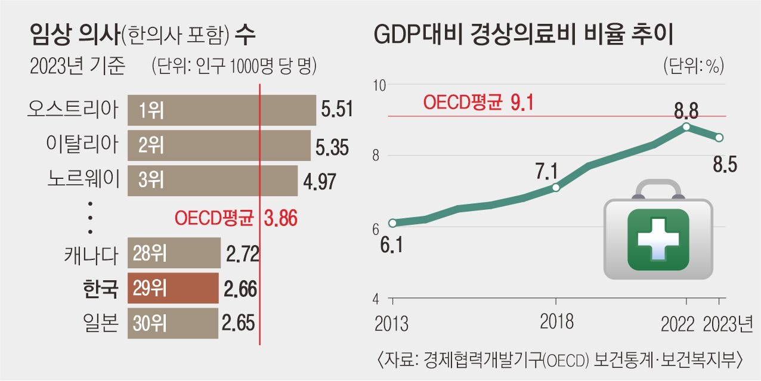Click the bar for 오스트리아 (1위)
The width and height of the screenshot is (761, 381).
tap(221, 110)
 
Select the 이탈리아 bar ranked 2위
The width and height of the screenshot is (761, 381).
tap(219, 145)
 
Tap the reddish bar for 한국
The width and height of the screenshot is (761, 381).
tap(174, 289)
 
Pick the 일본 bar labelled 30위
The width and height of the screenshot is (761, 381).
tap(173, 324)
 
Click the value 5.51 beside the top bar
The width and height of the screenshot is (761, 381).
tap(337, 110)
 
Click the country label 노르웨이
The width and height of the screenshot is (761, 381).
tap(84, 179)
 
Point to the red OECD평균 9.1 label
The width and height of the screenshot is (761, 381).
tap(478, 103)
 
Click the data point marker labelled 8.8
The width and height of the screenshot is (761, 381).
tap(686, 126)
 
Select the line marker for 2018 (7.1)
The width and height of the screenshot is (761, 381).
tap(555, 187)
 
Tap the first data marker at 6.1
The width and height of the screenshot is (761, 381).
tap(392, 223)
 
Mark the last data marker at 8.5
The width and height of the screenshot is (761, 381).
tap(719, 137)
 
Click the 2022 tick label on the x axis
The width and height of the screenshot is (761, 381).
tap(678, 324)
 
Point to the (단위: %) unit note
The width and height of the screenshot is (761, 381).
tap(693, 66)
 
